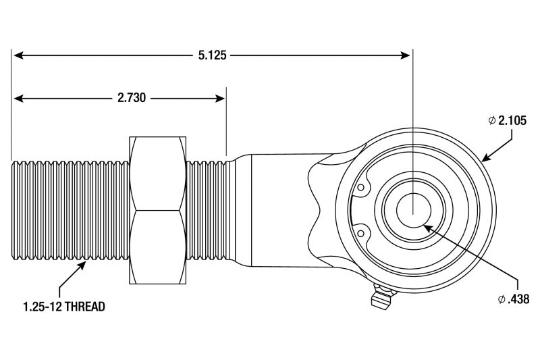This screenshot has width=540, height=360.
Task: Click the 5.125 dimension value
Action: (x=212, y=56)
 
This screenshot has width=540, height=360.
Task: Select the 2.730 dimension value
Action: (x=131, y=98)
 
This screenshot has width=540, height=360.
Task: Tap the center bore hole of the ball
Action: (x=412, y=209)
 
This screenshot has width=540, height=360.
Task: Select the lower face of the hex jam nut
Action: (x=158, y=247)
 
